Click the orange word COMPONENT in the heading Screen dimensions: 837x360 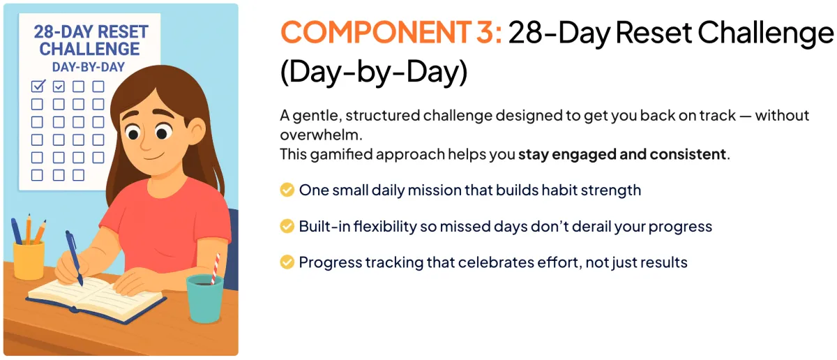tap(375, 32)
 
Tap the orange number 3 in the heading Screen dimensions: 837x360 tap(485, 32)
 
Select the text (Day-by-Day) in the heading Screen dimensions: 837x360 tap(374, 72)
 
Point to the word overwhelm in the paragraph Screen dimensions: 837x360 tap(320, 135)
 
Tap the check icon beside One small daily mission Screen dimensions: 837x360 tap(287, 190)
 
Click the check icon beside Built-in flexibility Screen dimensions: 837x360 tap(287, 226)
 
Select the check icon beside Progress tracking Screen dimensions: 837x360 tap(287, 262)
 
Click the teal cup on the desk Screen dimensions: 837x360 tap(205, 299)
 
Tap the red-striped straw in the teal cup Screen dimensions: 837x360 tap(216, 269)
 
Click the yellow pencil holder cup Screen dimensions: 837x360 tap(29, 261)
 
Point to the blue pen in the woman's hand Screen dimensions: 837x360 tap(75, 258)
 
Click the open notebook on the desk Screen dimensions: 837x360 tap(96, 299)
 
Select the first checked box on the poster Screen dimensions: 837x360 tap(38, 86)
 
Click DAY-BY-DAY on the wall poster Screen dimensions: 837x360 tap(89, 67)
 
